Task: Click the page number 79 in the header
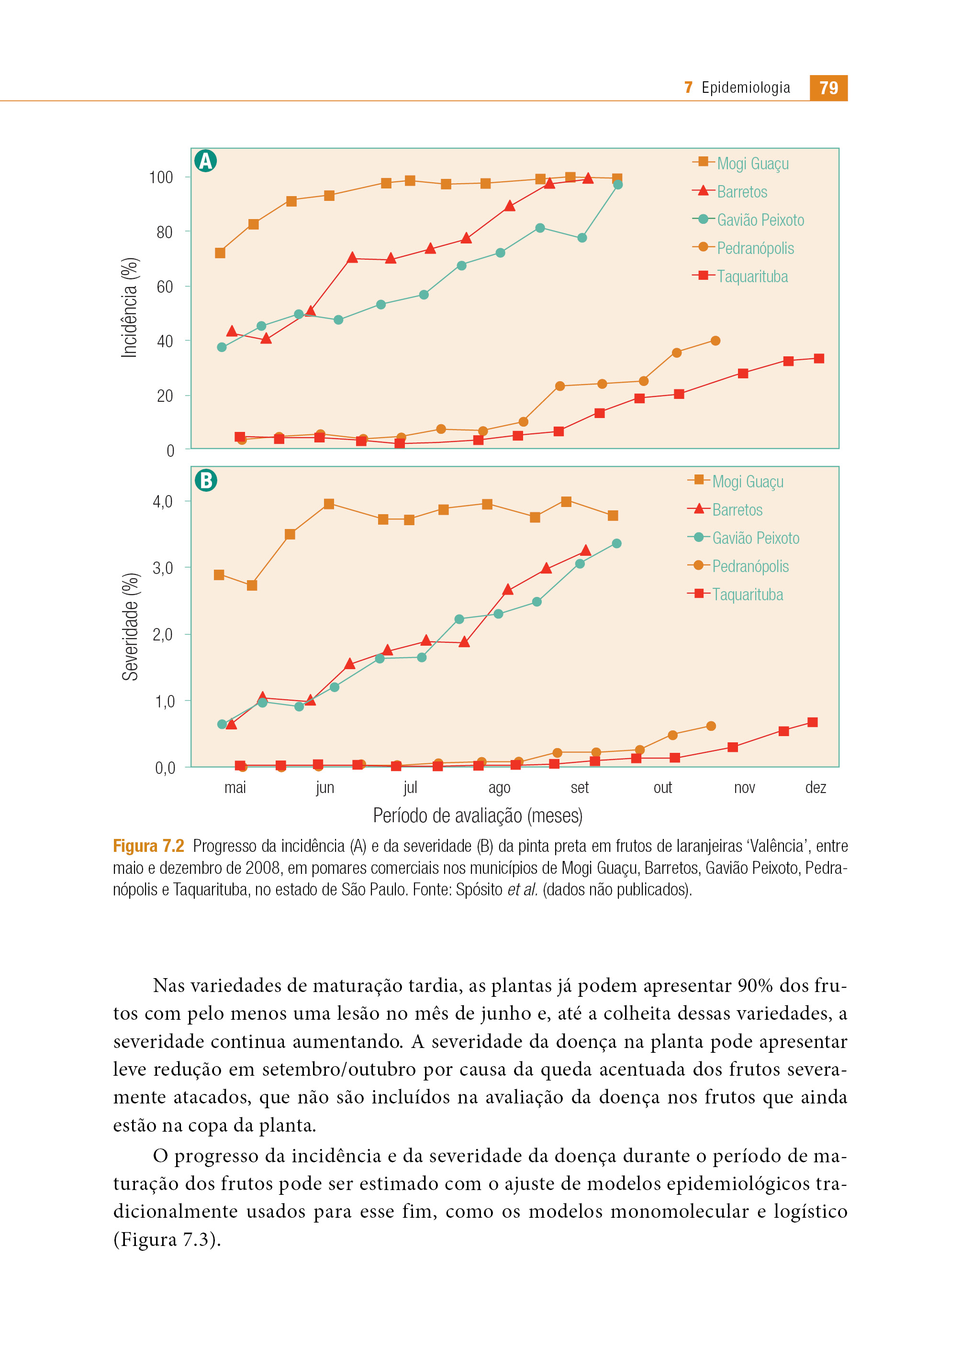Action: (828, 88)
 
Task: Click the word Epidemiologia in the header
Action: (746, 88)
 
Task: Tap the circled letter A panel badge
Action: (205, 161)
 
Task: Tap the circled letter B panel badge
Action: (205, 480)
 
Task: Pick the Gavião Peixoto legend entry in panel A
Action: (748, 220)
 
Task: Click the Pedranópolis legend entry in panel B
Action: (738, 566)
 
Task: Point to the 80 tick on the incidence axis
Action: (165, 232)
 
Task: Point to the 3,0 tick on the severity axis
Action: (163, 568)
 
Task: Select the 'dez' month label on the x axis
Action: (816, 787)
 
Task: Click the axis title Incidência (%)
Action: (130, 308)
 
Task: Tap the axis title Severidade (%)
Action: (130, 627)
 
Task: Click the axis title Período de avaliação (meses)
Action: (478, 816)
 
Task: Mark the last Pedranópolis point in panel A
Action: (715, 341)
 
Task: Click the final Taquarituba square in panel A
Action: (819, 358)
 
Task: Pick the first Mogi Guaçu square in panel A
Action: (220, 253)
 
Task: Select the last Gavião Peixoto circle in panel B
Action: (616, 543)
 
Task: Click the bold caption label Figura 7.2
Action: (148, 846)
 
